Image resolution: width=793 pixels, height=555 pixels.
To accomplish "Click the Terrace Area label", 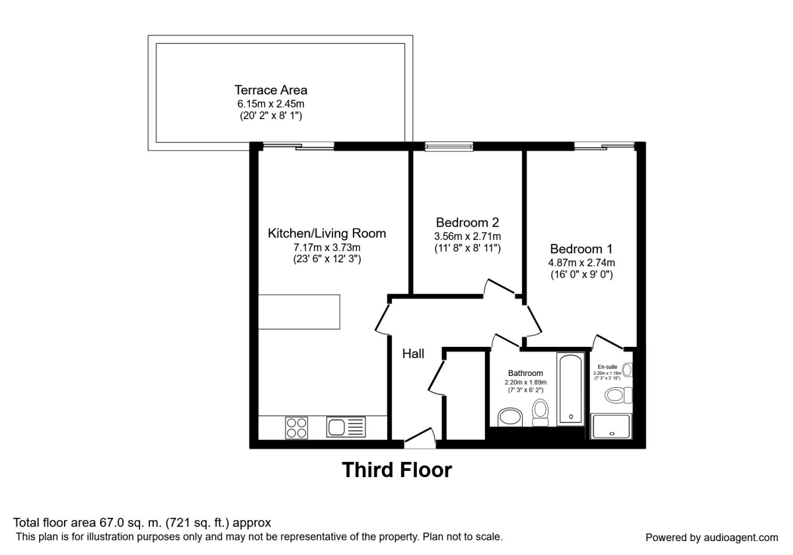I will [271, 90].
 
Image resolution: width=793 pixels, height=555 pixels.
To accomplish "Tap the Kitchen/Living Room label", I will [326, 233].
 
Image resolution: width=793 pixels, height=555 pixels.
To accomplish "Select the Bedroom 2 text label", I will [467, 222].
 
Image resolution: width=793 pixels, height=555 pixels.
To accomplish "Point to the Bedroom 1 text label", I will [582, 249].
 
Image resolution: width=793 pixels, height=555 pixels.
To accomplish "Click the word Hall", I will [413, 354].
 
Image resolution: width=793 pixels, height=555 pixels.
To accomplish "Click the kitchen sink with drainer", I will [346, 427].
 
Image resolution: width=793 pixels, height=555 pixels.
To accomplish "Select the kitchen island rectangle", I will [299, 313].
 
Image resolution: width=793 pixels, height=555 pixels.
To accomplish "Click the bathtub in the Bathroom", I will [569, 388].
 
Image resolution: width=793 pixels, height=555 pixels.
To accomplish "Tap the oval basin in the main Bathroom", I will [509, 417].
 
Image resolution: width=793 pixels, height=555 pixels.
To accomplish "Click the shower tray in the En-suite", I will [611, 426].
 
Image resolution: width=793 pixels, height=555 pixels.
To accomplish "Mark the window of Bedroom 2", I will [449, 147].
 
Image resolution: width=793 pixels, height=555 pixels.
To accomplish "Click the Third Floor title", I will [397, 470].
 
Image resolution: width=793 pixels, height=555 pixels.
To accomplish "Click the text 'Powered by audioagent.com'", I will [712, 537].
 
